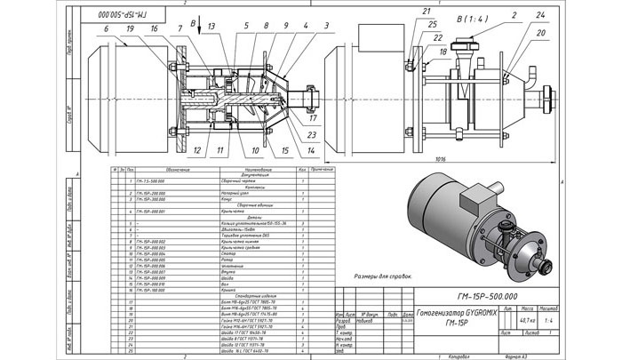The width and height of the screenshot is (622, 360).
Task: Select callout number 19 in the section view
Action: tap(130, 28)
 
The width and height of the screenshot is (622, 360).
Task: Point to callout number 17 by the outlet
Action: tap(312, 116)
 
